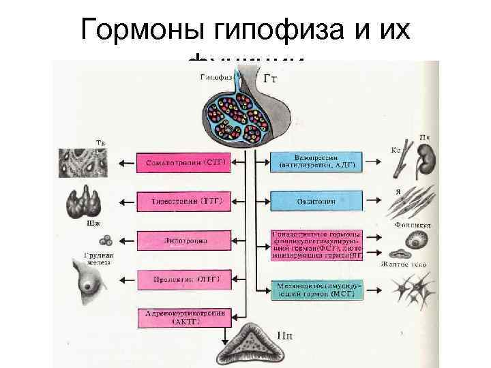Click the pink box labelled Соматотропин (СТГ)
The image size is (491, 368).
tap(185, 164)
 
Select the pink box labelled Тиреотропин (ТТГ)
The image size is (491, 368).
tap(185, 202)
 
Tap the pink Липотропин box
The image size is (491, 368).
tap(185, 241)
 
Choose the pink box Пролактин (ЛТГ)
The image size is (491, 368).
tap(185, 279)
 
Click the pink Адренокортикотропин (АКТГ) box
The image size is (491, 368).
tap(185, 318)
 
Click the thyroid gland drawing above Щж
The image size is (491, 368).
tap(82, 202)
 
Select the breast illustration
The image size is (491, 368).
tap(85, 280)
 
